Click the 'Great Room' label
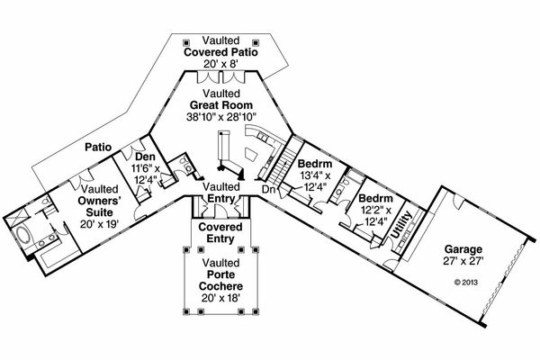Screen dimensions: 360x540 (x=220, y=104)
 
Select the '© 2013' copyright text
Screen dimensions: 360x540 (x=463, y=281)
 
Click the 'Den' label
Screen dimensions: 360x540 (x=145, y=155)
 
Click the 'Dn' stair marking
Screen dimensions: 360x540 (x=267, y=189)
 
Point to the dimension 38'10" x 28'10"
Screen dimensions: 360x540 (x=220, y=118)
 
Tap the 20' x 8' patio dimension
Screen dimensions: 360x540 (x=220, y=65)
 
